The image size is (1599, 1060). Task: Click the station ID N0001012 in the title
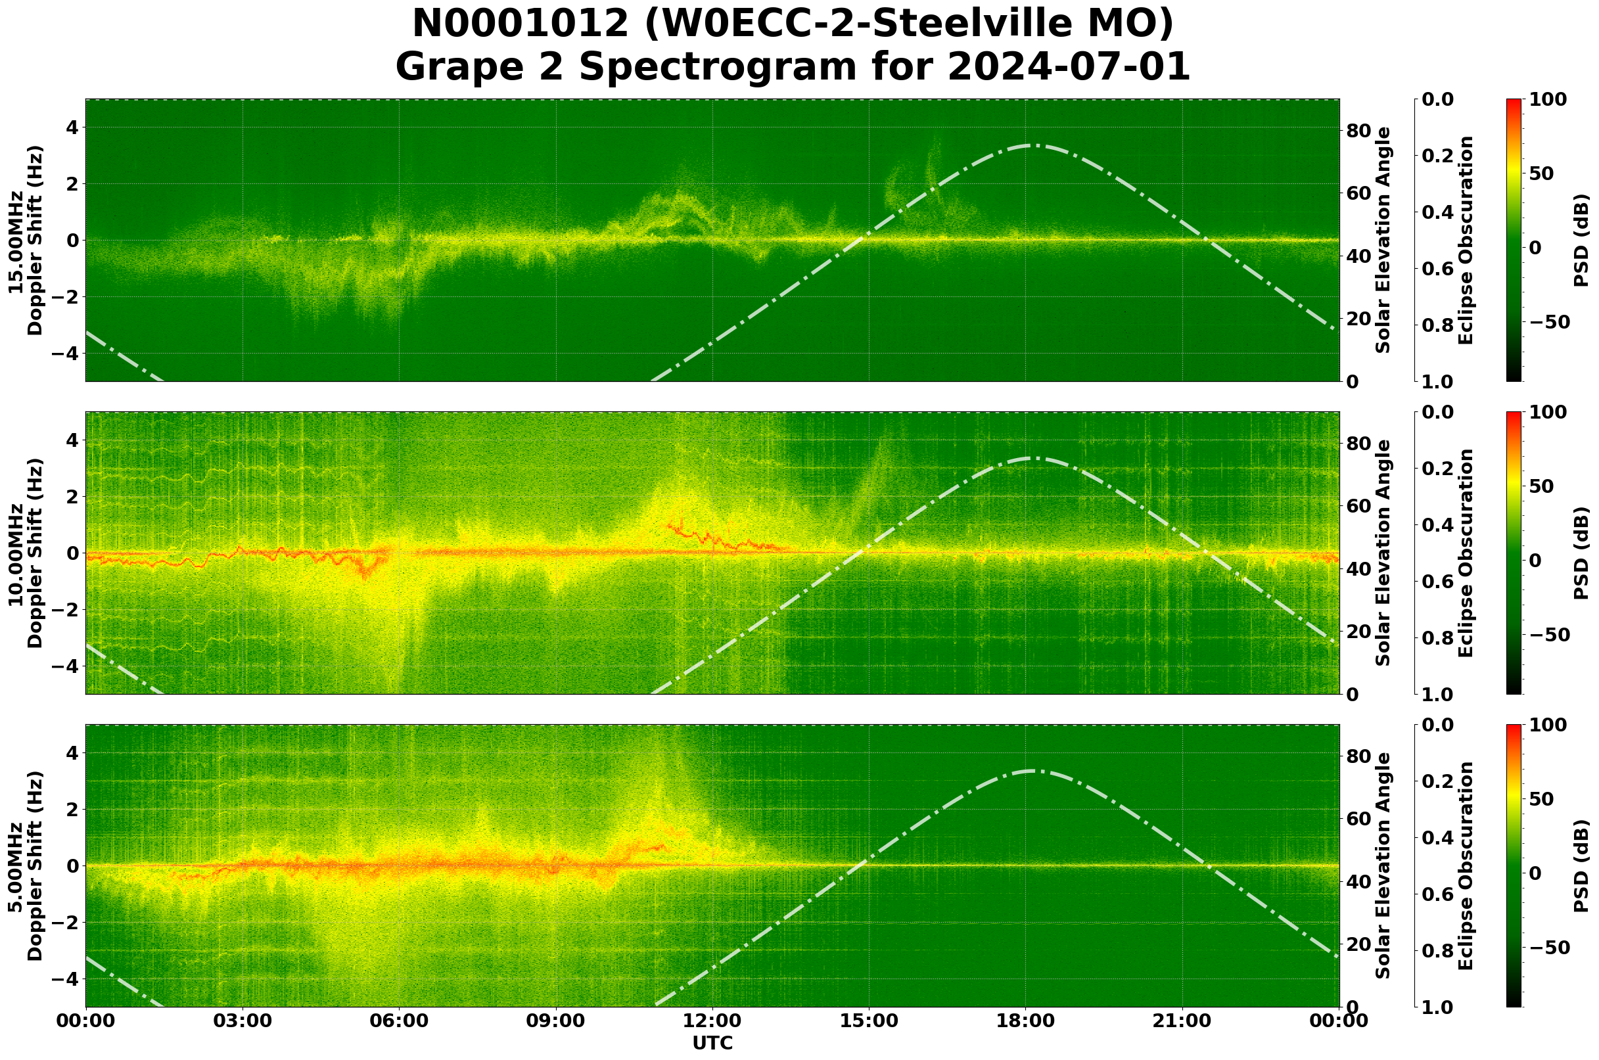click(520, 24)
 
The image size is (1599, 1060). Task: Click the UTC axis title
click(712, 1043)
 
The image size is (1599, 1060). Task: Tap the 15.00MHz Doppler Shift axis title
click(26, 240)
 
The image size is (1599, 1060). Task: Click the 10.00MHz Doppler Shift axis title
click(26, 553)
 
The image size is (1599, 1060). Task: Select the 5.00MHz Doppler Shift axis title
click(26, 865)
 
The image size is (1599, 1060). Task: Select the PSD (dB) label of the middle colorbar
click(1581, 553)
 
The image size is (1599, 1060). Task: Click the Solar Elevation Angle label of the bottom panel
click(1383, 865)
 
